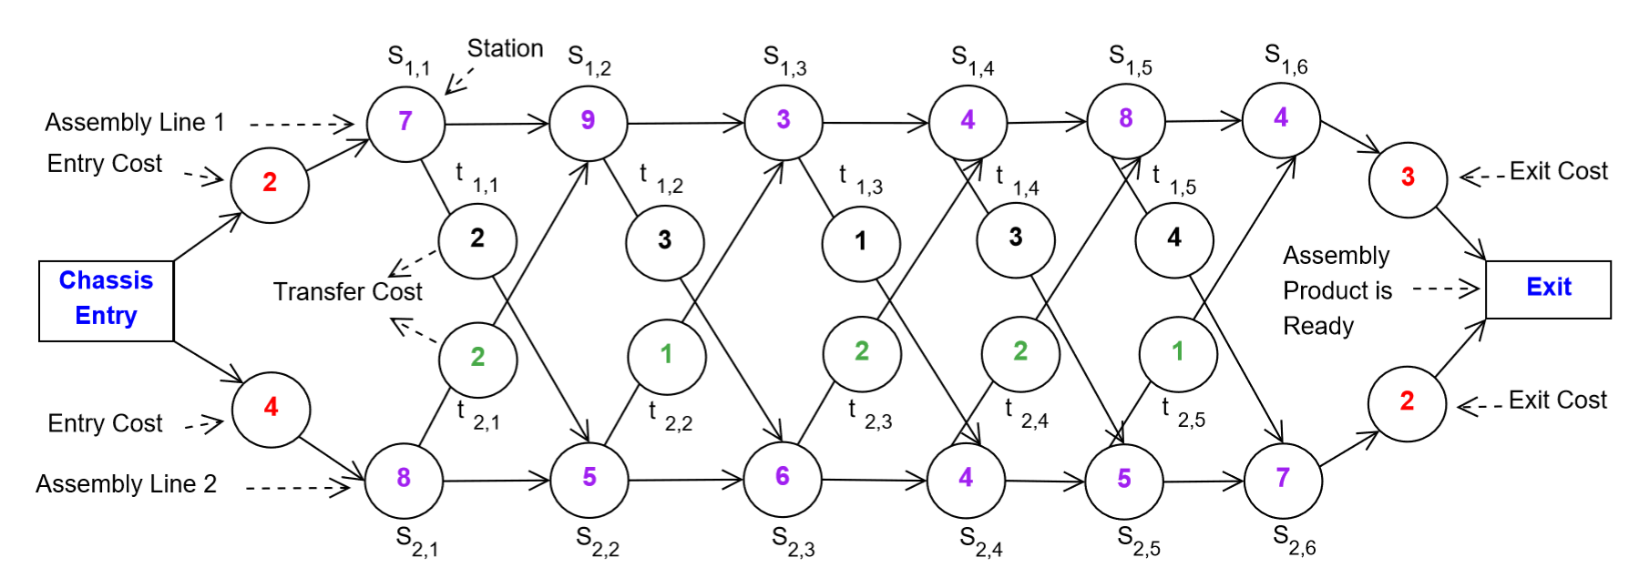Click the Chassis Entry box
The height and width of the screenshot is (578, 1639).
106,300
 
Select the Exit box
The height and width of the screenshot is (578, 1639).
1548,289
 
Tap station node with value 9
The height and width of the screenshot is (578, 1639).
588,122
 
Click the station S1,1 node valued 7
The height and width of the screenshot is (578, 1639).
405,123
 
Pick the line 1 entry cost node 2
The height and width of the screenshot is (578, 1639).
270,184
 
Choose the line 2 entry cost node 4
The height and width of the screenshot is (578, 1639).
271,409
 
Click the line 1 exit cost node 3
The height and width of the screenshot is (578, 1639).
1408,178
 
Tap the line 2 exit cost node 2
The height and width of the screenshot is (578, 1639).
1407,402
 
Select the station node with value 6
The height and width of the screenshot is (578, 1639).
782,478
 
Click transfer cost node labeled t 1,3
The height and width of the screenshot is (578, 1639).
860,243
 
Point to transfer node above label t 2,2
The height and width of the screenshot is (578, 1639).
667,356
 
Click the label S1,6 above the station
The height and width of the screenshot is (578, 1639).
1286,58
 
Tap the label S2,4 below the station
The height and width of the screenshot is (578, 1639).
980,542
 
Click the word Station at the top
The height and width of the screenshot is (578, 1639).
505,49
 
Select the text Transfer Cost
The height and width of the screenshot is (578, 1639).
347,292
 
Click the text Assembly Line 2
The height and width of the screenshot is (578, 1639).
126,484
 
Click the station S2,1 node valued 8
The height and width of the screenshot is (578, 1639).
404,480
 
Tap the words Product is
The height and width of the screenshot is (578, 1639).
1337,291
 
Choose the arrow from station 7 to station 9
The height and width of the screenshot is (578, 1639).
497,123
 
